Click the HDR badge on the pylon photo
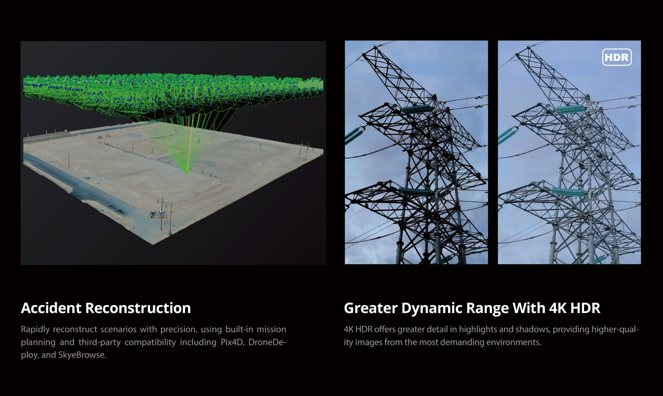click(x=617, y=57)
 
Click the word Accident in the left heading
click(x=51, y=308)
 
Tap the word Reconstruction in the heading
click(x=138, y=308)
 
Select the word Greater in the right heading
click(x=370, y=308)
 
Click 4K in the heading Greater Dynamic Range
click(x=557, y=308)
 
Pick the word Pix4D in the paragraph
click(x=232, y=342)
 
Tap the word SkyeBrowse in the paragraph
click(x=82, y=355)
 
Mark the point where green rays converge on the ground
click(x=187, y=173)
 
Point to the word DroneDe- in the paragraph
click(x=267, y=342)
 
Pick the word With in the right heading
click(x=529, y=308)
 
